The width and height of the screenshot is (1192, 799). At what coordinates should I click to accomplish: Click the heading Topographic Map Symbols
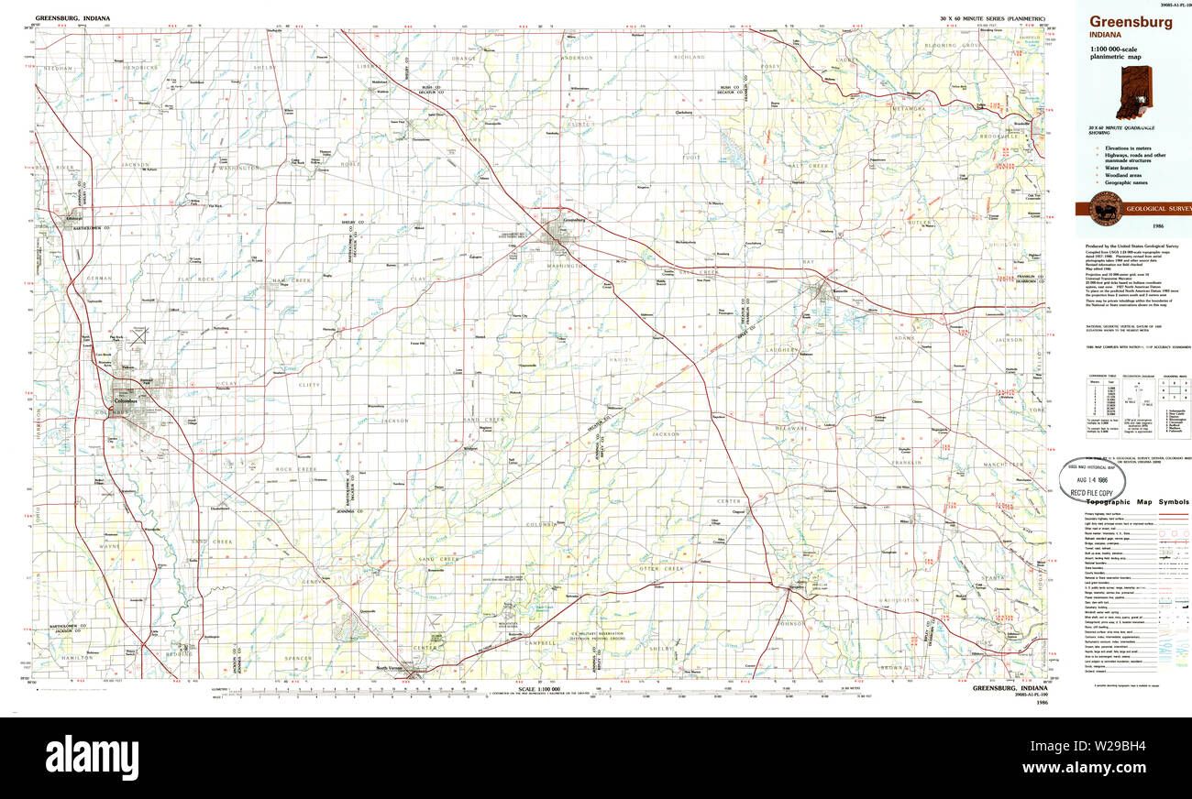point(1137,502)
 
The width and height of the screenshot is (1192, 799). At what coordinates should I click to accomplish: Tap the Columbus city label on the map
point(124,401)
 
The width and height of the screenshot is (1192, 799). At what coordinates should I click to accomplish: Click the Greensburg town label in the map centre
point(573,221)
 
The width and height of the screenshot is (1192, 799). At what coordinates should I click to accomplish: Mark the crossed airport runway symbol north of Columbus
point(138,336)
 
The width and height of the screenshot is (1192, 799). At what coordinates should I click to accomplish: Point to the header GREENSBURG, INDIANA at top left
point(74,17)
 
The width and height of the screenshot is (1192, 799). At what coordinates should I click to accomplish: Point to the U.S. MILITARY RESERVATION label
point(597,633)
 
